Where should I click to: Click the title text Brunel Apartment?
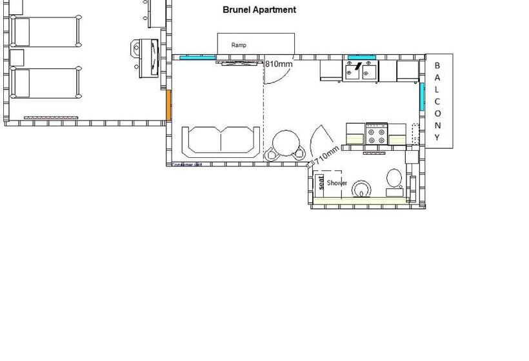pos(259,10)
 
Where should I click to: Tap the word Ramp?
pos(239,45)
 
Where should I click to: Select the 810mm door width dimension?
pos(279,64)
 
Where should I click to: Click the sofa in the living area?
pos(222,141)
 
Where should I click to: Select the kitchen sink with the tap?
pos(360,70)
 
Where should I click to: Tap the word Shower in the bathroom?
pos(337,183)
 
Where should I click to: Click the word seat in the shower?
pos(321,183)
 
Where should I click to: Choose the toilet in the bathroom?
pos(394,179)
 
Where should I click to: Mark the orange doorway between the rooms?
pos(169,105)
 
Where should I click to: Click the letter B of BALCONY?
pos(437,65)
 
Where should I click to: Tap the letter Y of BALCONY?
pos(437,137)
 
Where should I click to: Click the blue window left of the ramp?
pos(197,57)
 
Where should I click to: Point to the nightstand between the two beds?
pos(17,57)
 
